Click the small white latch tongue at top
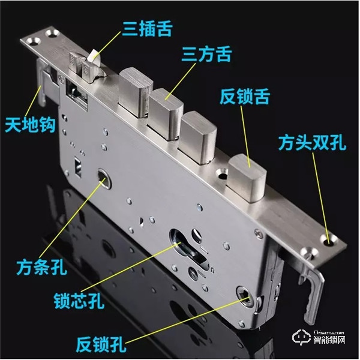point(92,58)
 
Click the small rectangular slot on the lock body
point(77,163)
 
